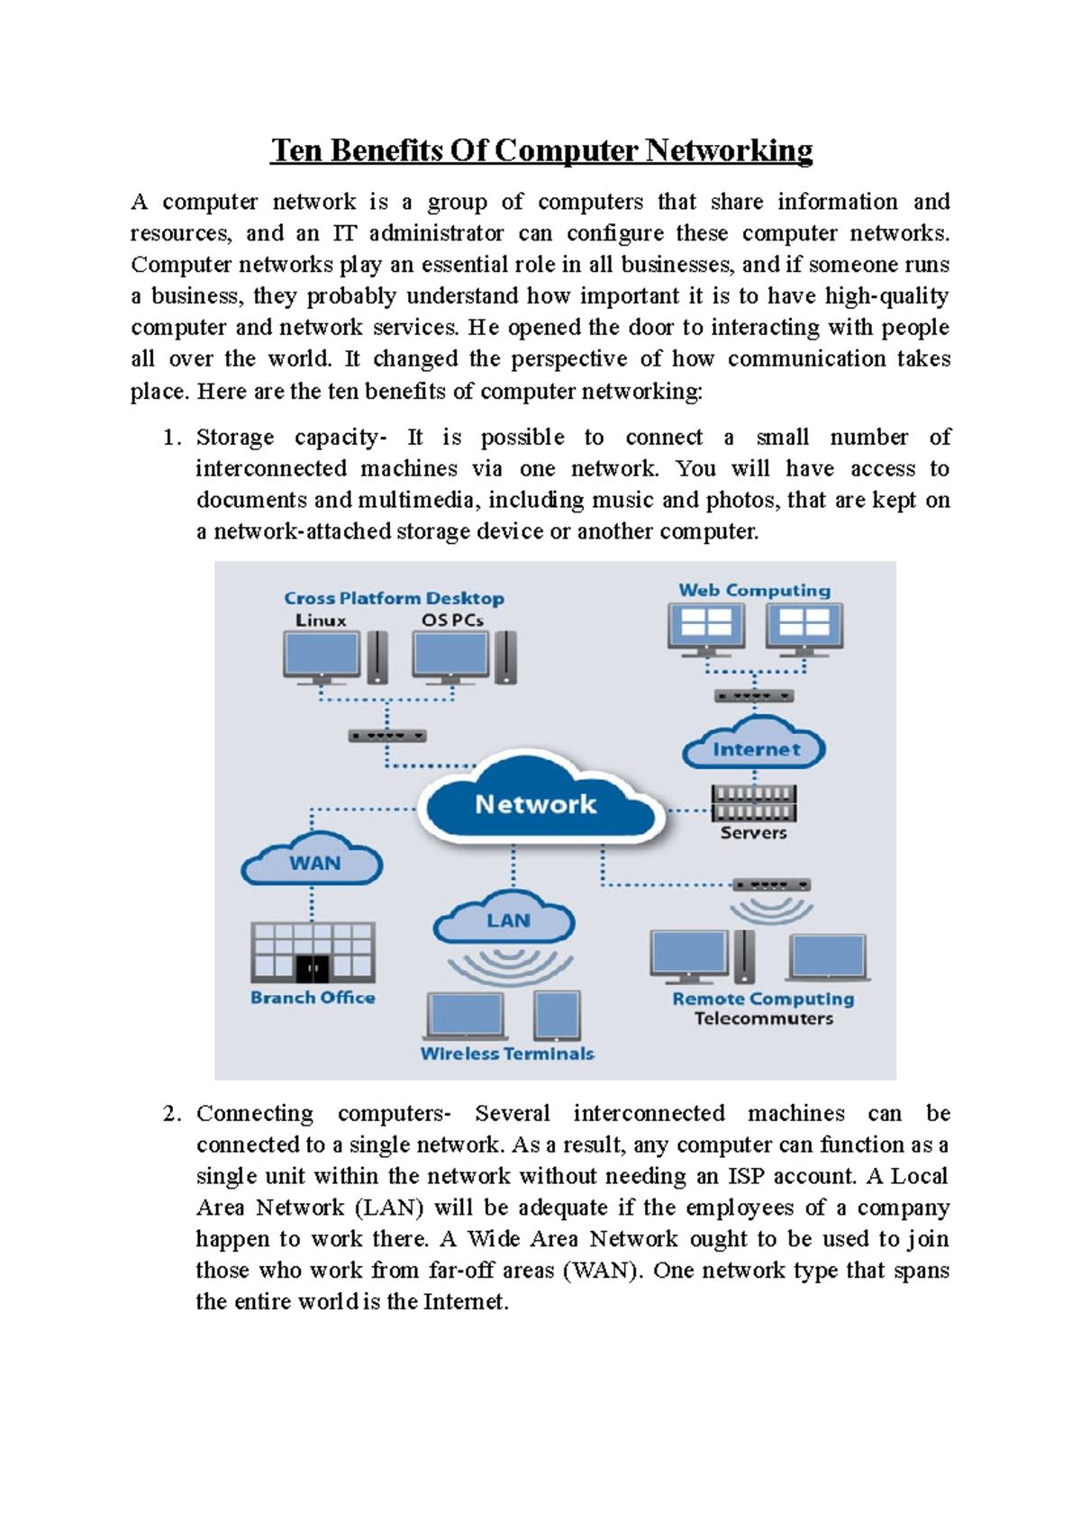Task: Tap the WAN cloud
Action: coord(313,862)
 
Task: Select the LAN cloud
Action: coord(506,919)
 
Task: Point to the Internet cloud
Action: coord(755,747)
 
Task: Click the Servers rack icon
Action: coord(753,803)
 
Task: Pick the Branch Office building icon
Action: coord(313,952)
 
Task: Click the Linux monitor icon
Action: coord(322,656)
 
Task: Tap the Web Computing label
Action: coord(754,590)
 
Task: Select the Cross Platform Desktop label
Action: coord(394,598)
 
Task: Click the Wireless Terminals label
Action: coord(507,1054)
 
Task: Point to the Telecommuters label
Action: coord(763,1018)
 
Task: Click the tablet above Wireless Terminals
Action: coord(557,1015)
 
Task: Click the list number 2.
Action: coord(171,1114)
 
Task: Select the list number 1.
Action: coord(171,438)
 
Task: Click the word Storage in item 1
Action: coord(235,438)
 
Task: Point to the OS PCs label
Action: coord(452,620)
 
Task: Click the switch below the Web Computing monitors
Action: coord(754,696)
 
